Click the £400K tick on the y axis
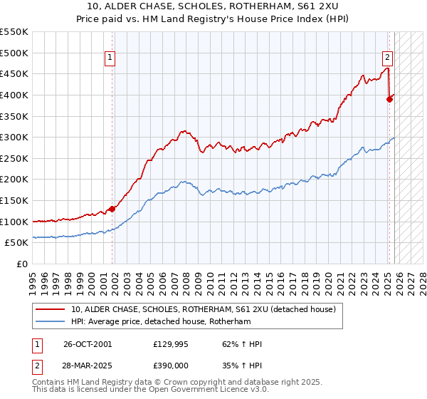(14, 95)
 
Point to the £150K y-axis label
(14, 200)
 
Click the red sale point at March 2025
(389, 99)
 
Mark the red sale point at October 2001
(112, 209)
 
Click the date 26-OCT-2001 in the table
(88, 344)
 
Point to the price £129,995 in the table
(172, 344)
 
